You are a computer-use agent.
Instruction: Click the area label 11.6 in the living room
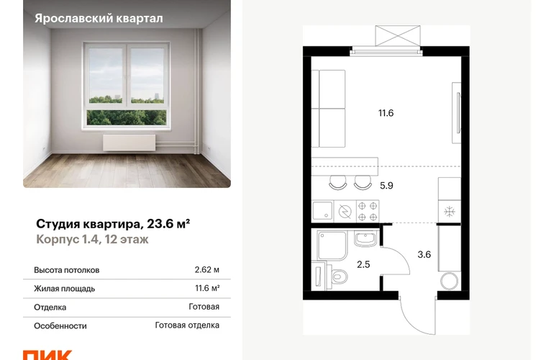386,113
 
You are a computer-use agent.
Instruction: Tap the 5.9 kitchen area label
386,186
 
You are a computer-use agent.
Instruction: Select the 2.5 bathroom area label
363,264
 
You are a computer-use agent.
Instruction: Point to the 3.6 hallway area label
424,255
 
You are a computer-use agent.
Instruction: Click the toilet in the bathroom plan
337,276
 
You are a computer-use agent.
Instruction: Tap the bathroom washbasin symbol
366,239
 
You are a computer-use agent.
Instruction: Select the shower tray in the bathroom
332,246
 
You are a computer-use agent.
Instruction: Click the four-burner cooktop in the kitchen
368,212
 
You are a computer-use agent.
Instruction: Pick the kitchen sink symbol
322,211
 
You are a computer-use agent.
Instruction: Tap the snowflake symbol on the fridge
450,212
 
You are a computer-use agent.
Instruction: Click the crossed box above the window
398,36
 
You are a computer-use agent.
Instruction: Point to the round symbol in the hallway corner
450,282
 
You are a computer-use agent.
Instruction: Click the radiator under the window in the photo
129,142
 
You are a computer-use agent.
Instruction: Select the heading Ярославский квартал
99,19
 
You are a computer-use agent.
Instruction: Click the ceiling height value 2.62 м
207,270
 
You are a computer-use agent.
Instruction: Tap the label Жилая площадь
64,289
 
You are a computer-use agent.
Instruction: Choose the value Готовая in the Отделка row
204,307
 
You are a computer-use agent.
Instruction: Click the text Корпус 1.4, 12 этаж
92,240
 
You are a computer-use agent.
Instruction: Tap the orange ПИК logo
47,355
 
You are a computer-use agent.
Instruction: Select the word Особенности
60,325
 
